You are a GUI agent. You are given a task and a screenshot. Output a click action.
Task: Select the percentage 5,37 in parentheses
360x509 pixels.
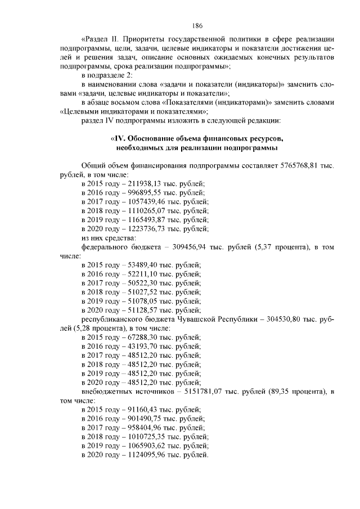click(x=268, y=247)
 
